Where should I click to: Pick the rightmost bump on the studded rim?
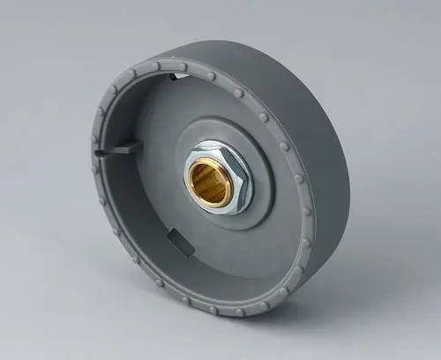(309, 212)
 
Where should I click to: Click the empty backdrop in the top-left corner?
(35, 35)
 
